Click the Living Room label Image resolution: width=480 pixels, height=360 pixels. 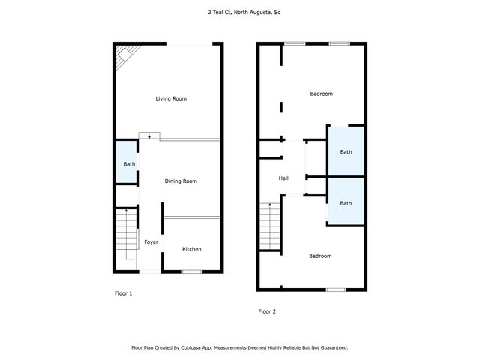pyautogui.click(x=171, y=99)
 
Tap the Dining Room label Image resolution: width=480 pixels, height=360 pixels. pyautogui.click(x=181, y=181)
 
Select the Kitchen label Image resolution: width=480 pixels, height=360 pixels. pyautogui.click(x=192, y=249)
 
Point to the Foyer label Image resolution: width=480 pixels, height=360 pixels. pyautogui.click(x=151, y=242)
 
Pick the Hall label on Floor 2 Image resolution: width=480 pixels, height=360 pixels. pyautogui.click(x=283, y=178)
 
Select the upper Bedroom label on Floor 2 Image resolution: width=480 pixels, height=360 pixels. pyautogui.click(x=321, y=94)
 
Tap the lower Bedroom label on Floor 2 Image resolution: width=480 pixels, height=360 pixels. pyautogui.click(x=320, y=256)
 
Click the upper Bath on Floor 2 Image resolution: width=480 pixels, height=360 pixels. pyautogui.click(x=346, y=152)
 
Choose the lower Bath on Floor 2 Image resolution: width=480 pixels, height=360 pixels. pyautogui.click(x=346, y=203)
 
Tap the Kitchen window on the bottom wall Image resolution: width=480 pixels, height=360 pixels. pyautogui.click(x=192, y=271)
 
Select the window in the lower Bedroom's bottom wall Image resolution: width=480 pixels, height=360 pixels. pyautogui.click(x=335, y=289)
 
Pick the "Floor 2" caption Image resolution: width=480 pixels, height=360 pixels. pyautogui.click(x=268, y=311)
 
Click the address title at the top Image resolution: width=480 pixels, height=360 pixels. pyautogui.click(x=239, y=13)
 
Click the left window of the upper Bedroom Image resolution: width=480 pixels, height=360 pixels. pyautogui.click(x=294, y=44)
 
